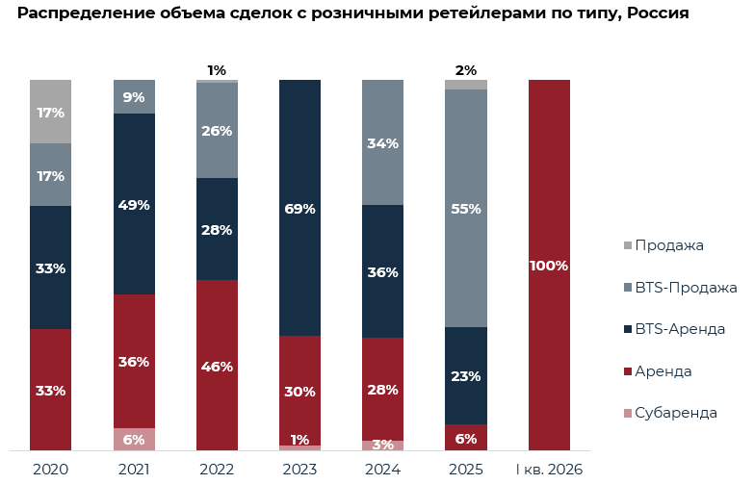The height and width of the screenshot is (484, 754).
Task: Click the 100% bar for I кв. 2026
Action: tap(549, 265)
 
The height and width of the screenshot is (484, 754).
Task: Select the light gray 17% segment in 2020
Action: tap(50, 112)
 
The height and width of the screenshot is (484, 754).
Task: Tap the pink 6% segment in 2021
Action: tap(134, 440)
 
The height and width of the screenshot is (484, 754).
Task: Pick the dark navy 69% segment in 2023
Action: tap(300, 208)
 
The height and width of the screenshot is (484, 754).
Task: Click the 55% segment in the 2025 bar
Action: tap(466, 208)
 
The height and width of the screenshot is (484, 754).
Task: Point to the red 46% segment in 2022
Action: tap(217, 366)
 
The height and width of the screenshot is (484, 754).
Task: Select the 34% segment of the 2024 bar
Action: tap(382, 142)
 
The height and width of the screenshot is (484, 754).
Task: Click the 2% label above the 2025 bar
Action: tap(466, 70)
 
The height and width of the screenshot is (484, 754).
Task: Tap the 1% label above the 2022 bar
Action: tap(217, 70)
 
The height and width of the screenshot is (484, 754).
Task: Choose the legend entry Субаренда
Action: tap(670, 413)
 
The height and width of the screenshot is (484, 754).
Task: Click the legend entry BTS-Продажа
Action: tap(681, 288)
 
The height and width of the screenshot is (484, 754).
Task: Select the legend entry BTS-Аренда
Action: tap(674, 329)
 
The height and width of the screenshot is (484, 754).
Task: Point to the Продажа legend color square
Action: tap(628, 245)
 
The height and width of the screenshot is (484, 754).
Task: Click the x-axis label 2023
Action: tap(300, 470)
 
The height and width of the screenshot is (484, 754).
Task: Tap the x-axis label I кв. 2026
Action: tap(549, 470)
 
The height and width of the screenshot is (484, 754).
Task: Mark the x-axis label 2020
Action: tap(50, 470)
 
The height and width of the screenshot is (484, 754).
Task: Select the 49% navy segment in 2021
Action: tap(134, 204)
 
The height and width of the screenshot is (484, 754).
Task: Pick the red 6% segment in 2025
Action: tap(466, 438)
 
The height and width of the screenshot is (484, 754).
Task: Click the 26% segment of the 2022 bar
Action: tap(217, 131)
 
